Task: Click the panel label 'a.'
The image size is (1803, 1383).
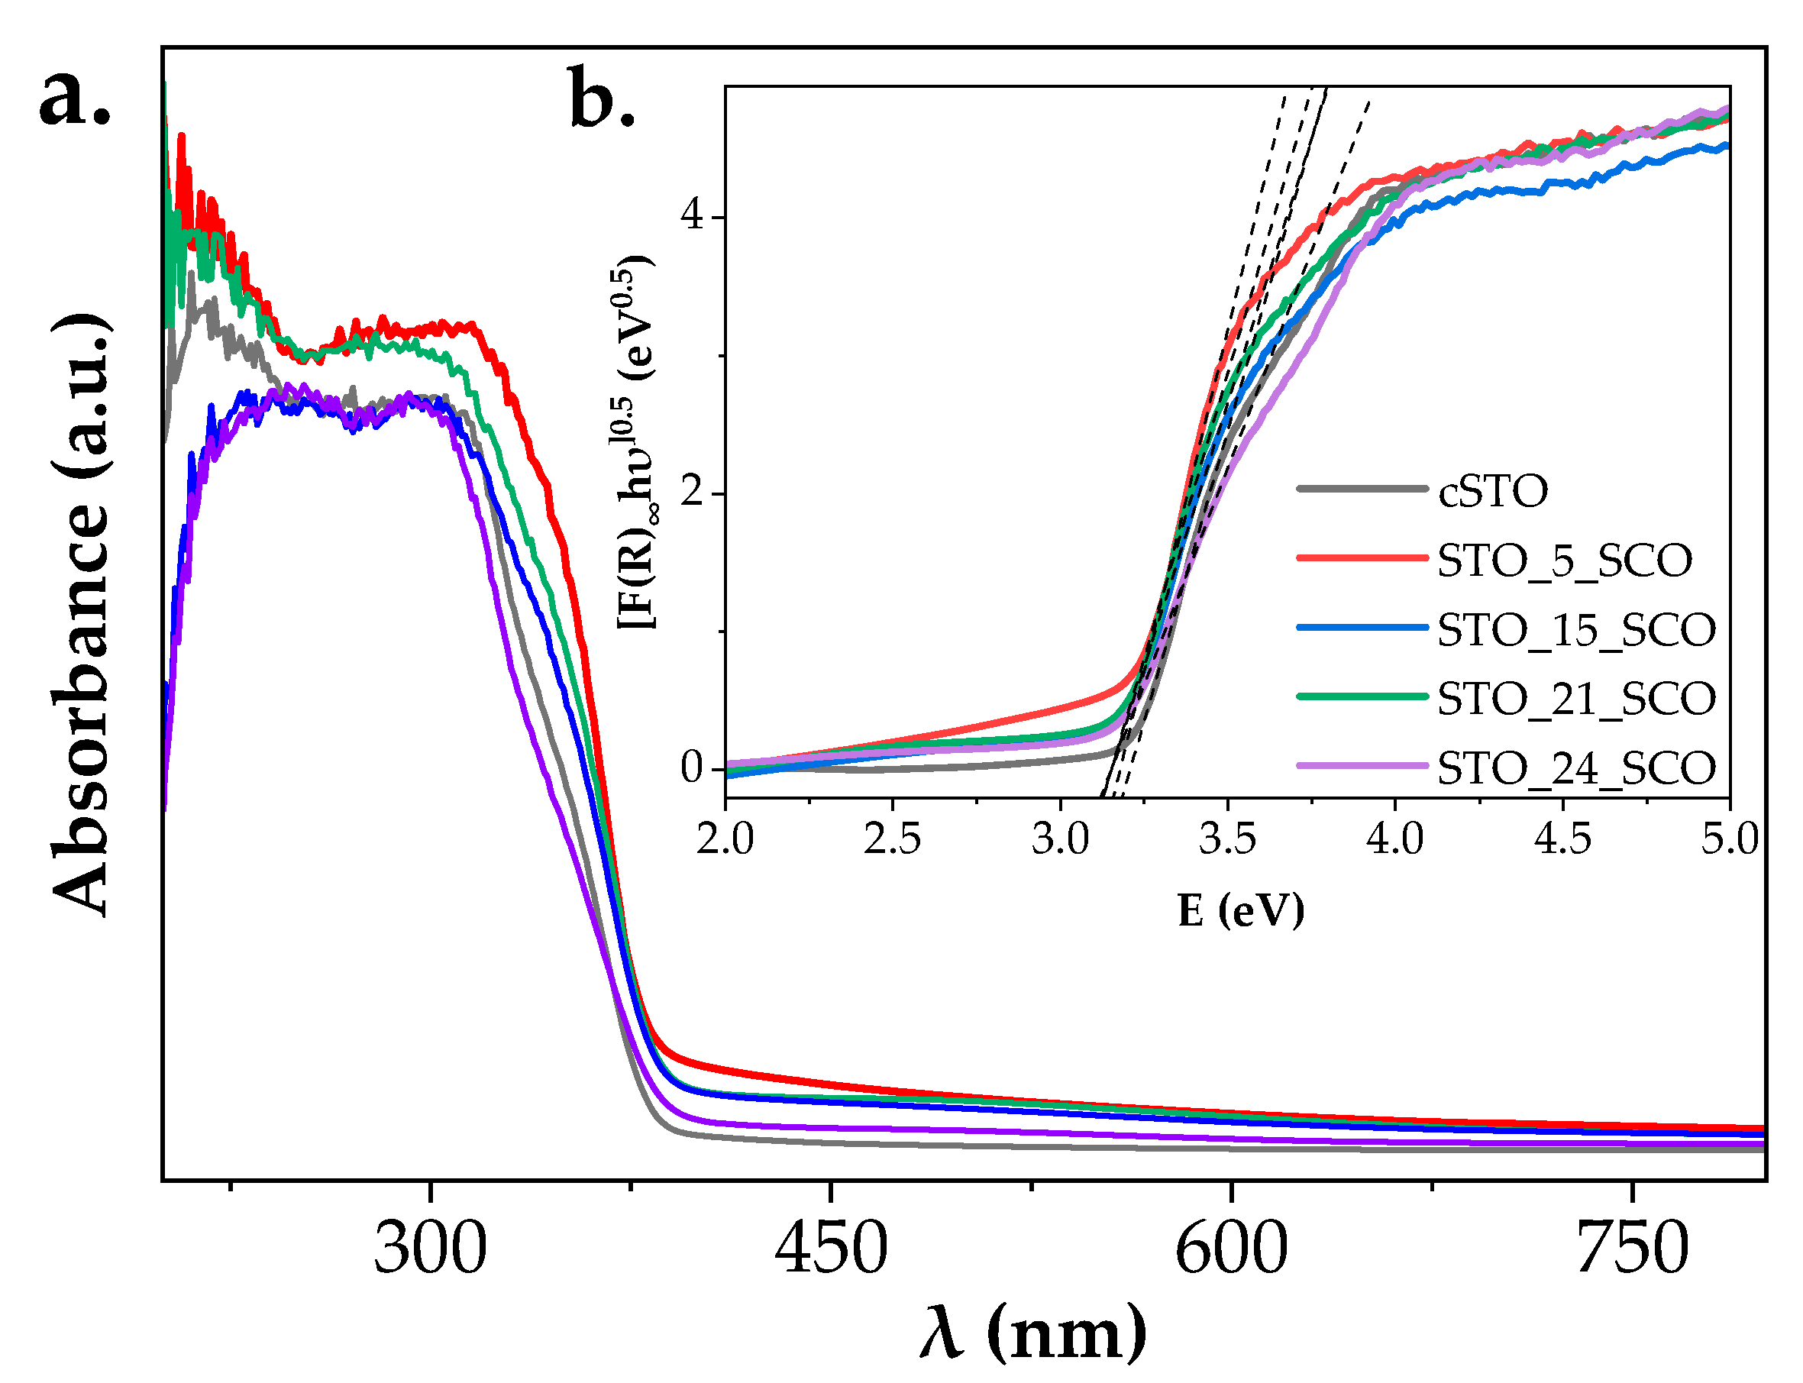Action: click(74, 97)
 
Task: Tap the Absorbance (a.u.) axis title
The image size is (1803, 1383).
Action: click(81, 614)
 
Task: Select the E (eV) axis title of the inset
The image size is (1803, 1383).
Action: click(1240, 910)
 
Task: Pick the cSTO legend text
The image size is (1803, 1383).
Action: click(1493, 492)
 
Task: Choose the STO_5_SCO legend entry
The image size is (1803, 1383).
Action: click(1563, 561)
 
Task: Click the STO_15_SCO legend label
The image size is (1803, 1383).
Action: click(1575, 630)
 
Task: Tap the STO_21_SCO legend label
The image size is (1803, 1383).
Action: click(1575, 699)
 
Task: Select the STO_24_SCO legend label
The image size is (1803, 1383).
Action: click(1575, 768)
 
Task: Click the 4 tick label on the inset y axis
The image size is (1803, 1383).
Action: click(691, 218)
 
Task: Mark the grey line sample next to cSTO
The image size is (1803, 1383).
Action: click(1362, 489)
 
